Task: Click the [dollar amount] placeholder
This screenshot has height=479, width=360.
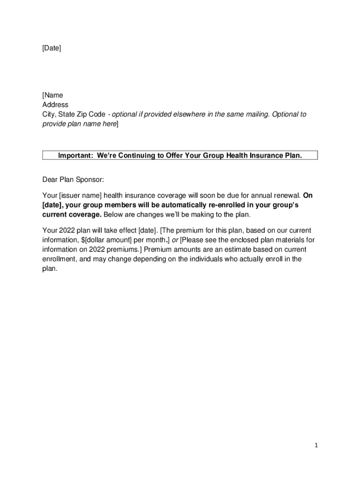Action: tap(106, 240)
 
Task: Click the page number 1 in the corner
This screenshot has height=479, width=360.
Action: tap(316, 446)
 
